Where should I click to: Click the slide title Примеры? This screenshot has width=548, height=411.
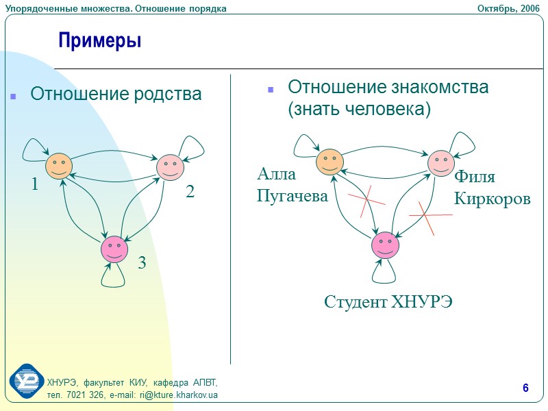[x=100, y=40]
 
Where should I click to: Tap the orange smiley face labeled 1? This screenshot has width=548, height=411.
[x=59, y=165]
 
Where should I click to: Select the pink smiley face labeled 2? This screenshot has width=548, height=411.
[x=170, y=166]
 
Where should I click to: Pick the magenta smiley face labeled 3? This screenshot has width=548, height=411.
[x=114, y=249]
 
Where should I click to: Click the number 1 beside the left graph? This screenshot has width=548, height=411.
[x=34, y=184]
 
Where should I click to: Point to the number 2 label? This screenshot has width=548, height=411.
[x=190, y=193]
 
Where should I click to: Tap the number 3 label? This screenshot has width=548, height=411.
[x=142, y=262]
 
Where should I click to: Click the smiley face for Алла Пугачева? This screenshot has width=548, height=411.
[x=329, y=162]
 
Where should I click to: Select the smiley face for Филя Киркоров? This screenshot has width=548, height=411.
[x=441, y=163]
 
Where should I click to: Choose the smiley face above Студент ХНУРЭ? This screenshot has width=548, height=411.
[x=385, y=245]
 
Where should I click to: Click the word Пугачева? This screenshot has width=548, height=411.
[x=292, y=197]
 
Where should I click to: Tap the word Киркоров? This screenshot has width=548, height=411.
[x=492, y=199]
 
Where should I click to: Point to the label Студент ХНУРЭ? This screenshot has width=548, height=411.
[x=388, y=302]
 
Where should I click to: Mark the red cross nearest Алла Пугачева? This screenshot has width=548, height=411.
[x=366, y=199]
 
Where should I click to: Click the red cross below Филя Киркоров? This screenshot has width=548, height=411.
[x=427, y=216]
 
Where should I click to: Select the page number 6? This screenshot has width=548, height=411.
[x=525, y=389]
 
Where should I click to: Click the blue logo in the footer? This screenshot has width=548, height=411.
[x=26, y=382]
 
